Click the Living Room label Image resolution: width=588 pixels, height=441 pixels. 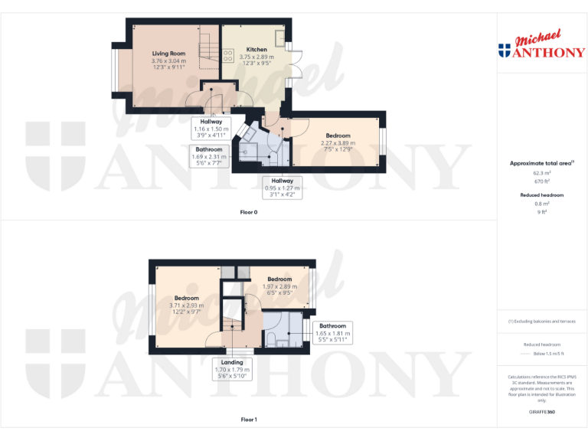[x=168, y=54]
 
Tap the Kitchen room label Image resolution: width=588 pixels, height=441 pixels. [x=256, y=49]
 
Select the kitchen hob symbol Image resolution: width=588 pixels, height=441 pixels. [x=227, y=54]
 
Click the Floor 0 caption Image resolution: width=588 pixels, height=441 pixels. [x=249, y=212]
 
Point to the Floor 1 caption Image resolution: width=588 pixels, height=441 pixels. [x=249, y=420]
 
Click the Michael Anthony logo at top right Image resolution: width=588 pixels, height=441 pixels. [x=541, y=47]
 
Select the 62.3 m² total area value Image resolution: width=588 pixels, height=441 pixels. [x=541, y=175]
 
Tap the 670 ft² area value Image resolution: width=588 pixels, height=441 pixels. [x=541, y=182]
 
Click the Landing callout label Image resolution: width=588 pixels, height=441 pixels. [x=232, y=362]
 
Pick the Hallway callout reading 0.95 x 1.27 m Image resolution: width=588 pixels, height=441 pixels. [x=279, y=188]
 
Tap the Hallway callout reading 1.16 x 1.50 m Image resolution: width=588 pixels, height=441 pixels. [x=211, y=126]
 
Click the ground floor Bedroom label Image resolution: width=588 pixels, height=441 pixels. [x=338, y=136]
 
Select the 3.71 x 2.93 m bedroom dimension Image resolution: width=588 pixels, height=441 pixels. [x=186, y=306]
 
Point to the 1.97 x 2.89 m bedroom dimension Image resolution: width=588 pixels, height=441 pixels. [x=279, y=286]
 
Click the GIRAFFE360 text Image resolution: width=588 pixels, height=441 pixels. [x=541, y=413]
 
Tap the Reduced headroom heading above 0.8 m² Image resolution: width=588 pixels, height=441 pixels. [x=541, y=195]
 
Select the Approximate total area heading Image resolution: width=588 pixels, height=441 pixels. [x=541, y=163]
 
